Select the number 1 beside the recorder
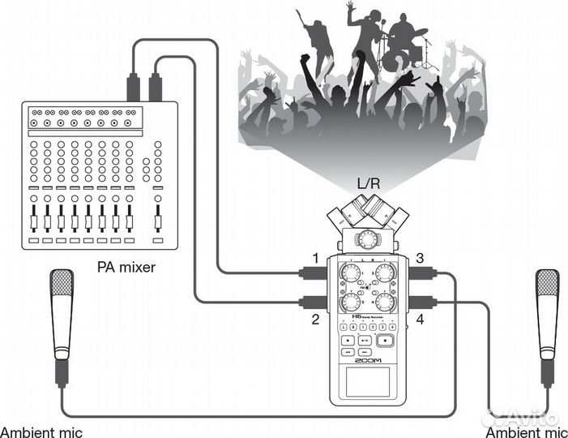pos(315,258)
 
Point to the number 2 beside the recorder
pos(315,320)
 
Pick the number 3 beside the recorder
pos(420,258)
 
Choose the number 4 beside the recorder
pos(420,320)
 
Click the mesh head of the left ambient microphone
pos(62,288)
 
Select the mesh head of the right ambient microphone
pos(547,288)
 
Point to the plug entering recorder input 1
pos(310,273)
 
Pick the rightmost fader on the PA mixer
pos(159,217)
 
